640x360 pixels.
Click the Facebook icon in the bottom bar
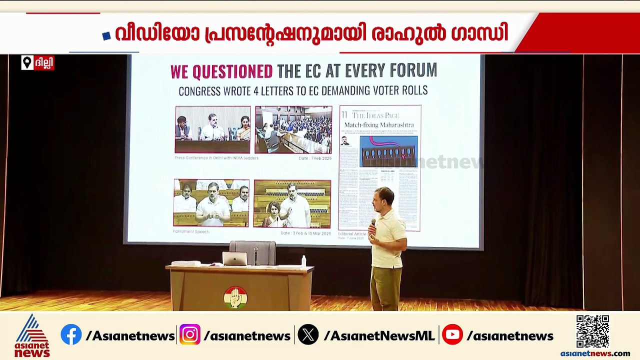pyautogui.click(x=71, y=335)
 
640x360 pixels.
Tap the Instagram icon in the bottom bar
pyautogui.click(x=190, y=335)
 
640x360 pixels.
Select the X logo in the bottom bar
pyautogui.click(x=308, y=335)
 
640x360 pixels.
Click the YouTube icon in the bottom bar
pyautogui.click(x=452, y=335)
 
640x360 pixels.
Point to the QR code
pyautogui.click(x=592, y=331)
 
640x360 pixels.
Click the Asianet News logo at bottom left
pyautogui.click(x=32, y=335)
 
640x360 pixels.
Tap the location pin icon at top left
pyautogui.click(x=27, y=63)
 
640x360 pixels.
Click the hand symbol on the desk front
pyautogui.click(x=235, y=297)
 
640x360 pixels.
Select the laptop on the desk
pyautogui.click(x=234, y=258)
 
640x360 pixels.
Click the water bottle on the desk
pyautogui.click(x=303, y=260)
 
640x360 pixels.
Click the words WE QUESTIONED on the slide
pyautogui.click(x=221, y=71)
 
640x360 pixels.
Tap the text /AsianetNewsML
pyautogui.click(x=379, y=336)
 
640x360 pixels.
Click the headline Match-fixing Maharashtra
pyautogui.click(x=379, y=124)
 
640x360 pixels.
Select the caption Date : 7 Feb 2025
pyautogui.click(x=314, y=158)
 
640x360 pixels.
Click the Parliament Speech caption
pyautogui.click(x=191, y=232)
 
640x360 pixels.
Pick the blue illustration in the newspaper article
pyautogui.click(x=388, y=151)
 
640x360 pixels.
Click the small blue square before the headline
pyautogui.click(x=106, y=35)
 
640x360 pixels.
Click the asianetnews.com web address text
pyautogui.click(x=595, y=353)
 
